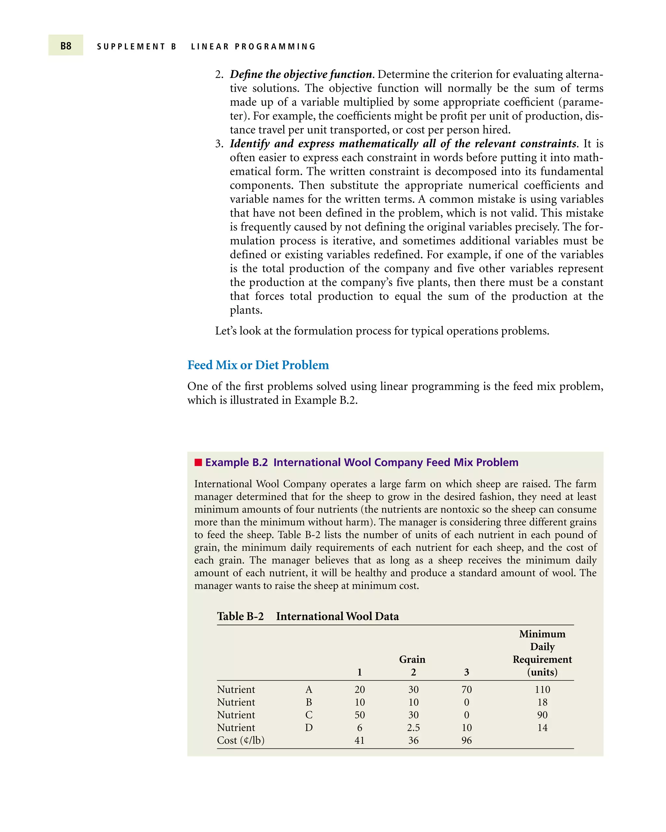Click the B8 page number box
[x=66, y=45]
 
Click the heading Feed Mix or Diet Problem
[x=258, y=365]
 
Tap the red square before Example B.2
[x=198, y=462]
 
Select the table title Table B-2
[x=240, y=616]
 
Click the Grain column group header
[x=412, y=659]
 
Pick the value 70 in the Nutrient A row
[x=466, y=689]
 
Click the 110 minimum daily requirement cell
[x=542, y=689]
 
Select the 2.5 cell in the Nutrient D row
[x=413, y=727]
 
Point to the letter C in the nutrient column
[x=309, y=715]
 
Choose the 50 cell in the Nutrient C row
[x=359, y=715]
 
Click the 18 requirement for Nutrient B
[x=542, y=702]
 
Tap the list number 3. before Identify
[x=219, y=144]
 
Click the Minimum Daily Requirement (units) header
[x=542, y=653]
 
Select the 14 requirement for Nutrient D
[x=542, y=727]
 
